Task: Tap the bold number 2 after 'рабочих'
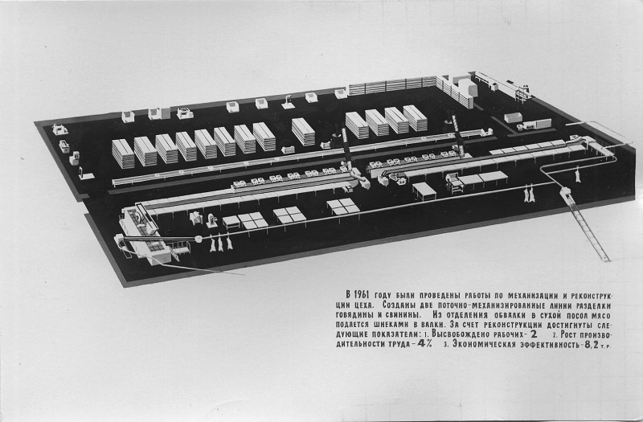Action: pos(534,334)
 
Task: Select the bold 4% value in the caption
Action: pos(425,344)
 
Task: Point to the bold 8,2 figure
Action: pos(592,345)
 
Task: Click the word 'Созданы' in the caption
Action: pos(399,306)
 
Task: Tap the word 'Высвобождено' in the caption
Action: pos(461,334)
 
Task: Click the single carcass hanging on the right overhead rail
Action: pos(578,174)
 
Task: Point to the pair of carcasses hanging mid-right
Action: pos(528,194)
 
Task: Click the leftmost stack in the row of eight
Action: pos(123,154)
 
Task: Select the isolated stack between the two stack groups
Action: pos(303,132)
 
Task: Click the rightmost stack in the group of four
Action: pos(415,118)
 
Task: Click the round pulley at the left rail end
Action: pos(199,238)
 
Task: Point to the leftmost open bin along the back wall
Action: pos(128,117)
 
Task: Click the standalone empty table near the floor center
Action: pos(424,191)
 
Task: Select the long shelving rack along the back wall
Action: pos(391,85)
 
